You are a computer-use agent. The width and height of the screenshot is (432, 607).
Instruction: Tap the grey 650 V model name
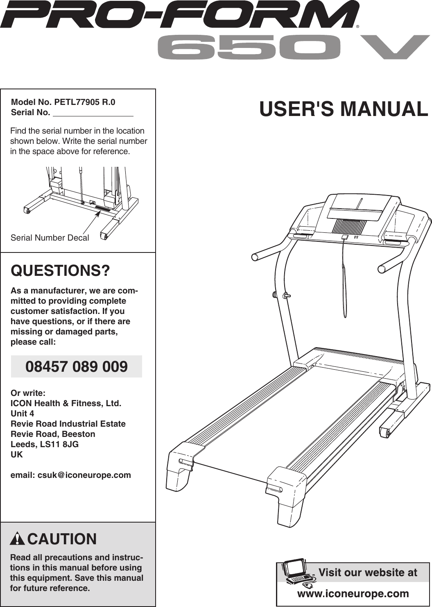tap(293, 47)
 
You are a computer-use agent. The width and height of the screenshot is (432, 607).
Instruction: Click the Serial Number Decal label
tap(50, 238)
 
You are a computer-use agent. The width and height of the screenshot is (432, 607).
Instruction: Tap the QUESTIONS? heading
tap(60, 271)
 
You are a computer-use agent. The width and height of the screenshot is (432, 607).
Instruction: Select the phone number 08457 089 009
tap(77, 366)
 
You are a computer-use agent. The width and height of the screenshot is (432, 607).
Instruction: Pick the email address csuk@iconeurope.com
tap(84, 475)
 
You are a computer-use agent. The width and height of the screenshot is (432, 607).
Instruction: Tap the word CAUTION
tap(62, 539)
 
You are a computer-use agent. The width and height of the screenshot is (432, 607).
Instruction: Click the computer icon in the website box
tap(298, 571)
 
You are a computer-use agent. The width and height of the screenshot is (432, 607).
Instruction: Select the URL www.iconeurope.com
tap(353, 593)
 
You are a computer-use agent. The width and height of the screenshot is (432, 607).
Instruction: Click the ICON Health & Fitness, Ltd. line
tap(66, 403)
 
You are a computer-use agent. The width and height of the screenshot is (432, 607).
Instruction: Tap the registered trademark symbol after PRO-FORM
tap(357, 27)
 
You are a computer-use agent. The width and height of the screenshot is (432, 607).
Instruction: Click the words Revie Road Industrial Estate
tap(68, 424)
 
